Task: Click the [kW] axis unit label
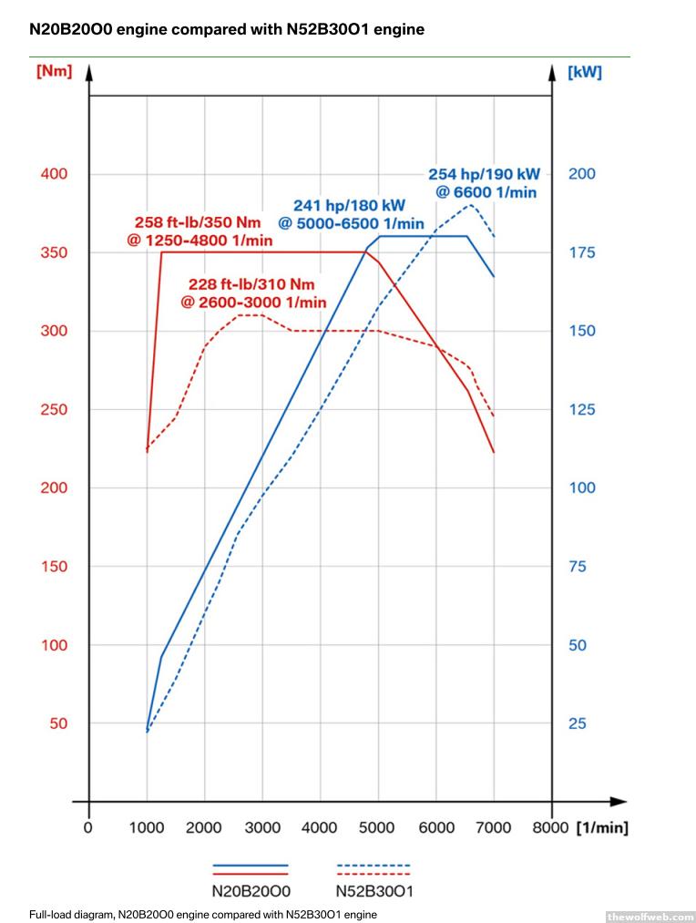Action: coord(584,72)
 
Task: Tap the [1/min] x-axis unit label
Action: coord(602,827)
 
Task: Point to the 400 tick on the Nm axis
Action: coord(54,173)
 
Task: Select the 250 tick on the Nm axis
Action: coord(54,409)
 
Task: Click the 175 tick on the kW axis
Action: coord(582,252)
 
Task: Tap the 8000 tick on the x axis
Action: coord(551,827)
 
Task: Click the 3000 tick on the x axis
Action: coord(262,827)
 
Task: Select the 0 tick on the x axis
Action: coord(88,827)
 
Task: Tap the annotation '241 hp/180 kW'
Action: coord(349,206)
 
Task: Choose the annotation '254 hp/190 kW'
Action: coord(484,174)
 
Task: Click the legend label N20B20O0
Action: coord(251,891)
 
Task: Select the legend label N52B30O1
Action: coord(374,891)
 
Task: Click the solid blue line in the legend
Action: coord(251,865)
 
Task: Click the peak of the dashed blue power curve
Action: coord(471,204)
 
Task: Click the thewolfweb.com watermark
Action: coord(649,916)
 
